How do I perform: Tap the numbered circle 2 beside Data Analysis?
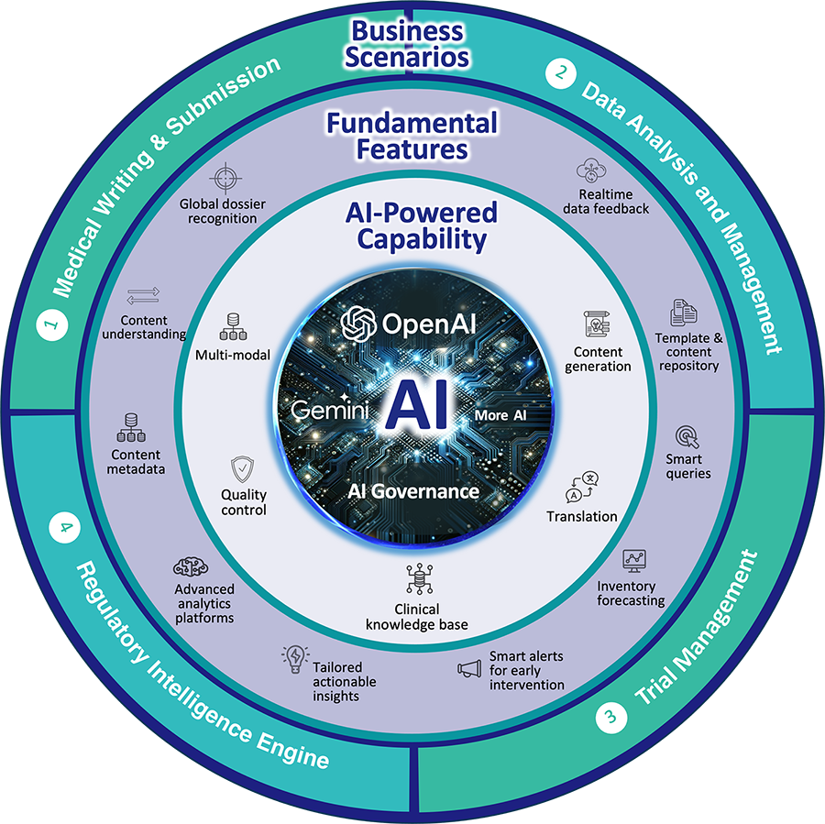(556, 73)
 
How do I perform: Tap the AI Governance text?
(412, 491)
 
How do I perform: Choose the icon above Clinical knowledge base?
(416, 580)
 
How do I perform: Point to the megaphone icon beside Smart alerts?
(469, 669)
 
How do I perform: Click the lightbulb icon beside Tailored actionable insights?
(295, 656)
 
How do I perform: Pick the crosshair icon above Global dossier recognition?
(225, 176)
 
